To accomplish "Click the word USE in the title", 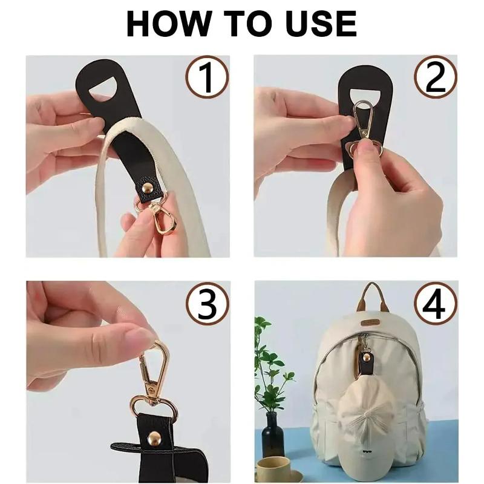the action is (x=321, y=24).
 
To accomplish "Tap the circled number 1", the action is (x=207, y=77).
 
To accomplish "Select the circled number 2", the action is (x=435, y=77).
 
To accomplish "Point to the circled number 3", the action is (x=208, y=303).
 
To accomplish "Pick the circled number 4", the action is (x=435, y=303).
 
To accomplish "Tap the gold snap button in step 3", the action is (x=154, y=437).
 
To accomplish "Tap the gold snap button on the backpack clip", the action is (x=367, y=357).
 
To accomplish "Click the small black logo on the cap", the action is (x=367, y=453).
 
